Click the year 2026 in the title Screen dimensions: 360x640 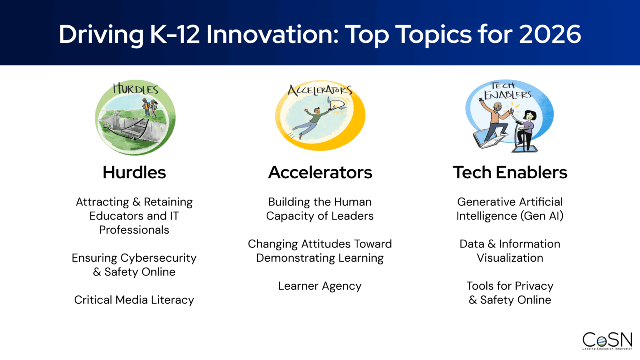[550, 34]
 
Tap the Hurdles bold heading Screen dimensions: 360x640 [134, 172]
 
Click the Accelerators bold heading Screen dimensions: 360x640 [320, 172]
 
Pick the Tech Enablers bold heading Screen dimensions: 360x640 [510, 172]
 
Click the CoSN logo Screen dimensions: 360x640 [607, 340]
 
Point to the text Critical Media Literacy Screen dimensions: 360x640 [134, 300]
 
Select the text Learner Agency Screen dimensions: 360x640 [320, 286]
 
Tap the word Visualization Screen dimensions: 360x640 [510, 258]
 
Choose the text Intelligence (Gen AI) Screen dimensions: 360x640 [510, 216]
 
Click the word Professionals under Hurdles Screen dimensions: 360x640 [134, 230]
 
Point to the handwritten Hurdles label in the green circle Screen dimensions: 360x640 [136, 89]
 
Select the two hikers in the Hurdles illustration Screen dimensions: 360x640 [149, 107]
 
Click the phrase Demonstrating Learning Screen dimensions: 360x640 [320, 258]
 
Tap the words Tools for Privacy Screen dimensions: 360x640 [510, 286]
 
